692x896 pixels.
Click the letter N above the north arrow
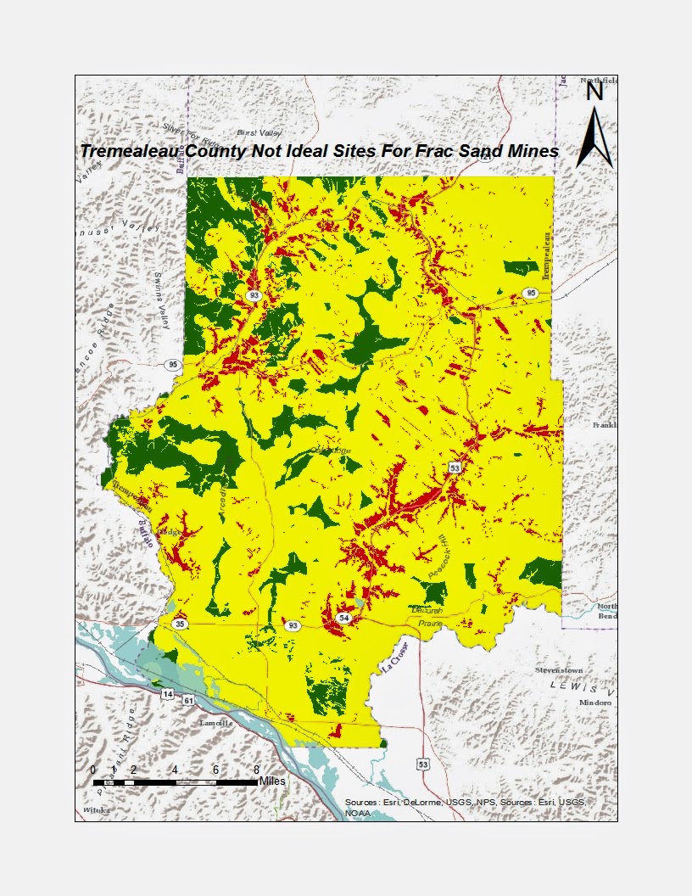click(594, 92)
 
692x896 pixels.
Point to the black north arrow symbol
click(594, 136)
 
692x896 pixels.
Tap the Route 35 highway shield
click(180, 624)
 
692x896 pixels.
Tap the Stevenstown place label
click(560, 670)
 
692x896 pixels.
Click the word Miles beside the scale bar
click(273, 780)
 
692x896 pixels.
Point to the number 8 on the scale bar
click(256, 770)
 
